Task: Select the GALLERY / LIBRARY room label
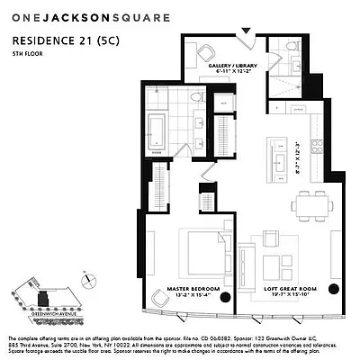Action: (x=225, y=64)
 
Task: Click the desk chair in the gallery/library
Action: (x=206, y=51)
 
